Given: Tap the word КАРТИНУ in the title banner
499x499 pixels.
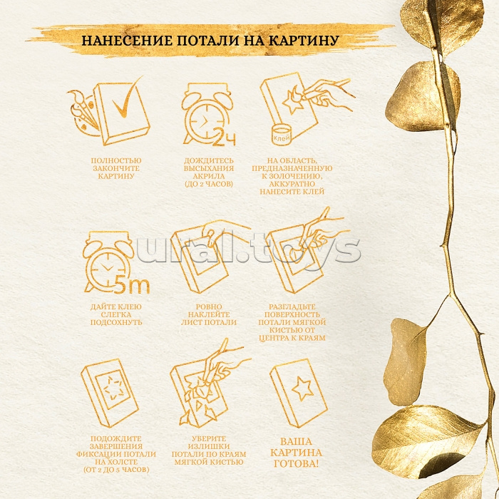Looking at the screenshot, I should [304, 41].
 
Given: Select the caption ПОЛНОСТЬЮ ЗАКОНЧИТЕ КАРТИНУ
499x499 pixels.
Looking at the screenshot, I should [116, 168].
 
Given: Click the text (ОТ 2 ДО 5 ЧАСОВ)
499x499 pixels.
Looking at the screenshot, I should [115, 471].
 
